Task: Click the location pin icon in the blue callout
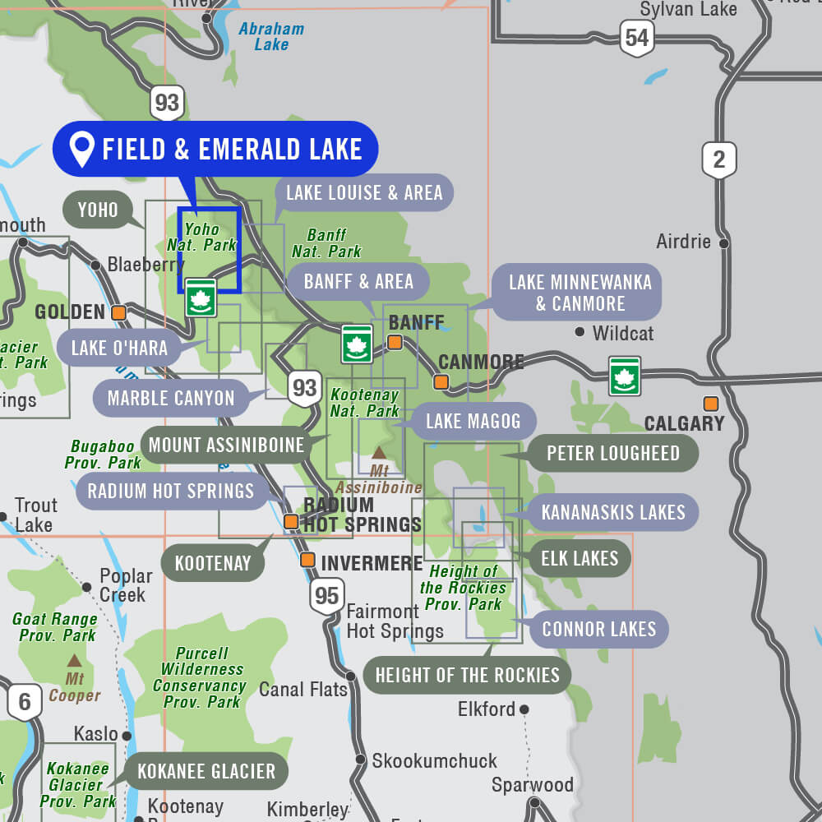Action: pos(82,150)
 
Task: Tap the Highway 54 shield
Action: pos(636,38)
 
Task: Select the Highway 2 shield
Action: pos(719,159)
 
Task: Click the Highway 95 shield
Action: pos(327,595)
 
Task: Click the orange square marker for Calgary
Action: pos(710,404)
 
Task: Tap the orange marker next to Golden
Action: pos(119,312)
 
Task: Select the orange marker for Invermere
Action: pos(307,560)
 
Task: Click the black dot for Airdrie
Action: pos(723,243)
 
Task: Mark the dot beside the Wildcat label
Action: pos(580,332)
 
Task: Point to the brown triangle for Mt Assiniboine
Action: pos(379,452)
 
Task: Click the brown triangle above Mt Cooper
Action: pos(74,660)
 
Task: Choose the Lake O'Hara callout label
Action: pos(119,348)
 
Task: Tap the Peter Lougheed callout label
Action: pos(612,454)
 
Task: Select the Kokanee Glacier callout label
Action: pos(206,771)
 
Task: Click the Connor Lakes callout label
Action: pos(598,630)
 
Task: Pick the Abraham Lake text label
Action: pos(271,36)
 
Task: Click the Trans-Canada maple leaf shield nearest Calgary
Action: pos(625,376)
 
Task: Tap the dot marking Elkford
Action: pos(524,709)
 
